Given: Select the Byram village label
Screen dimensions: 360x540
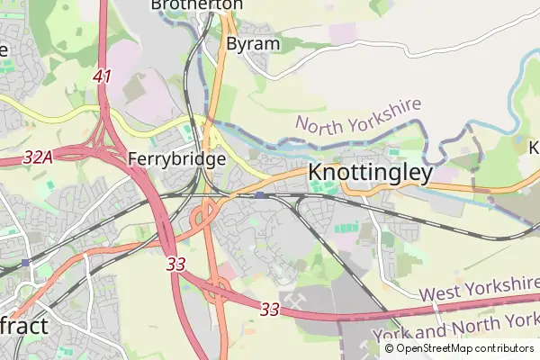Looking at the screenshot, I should pyautogui.click(x=252, y=43).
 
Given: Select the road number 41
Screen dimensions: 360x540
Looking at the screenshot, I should pyautogui.click(x=102, y=76).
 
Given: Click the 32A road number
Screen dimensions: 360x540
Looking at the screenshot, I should pyautogui.click(x=38, y=157).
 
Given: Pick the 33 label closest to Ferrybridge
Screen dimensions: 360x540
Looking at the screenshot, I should pyautogui.click(x=175, y=265).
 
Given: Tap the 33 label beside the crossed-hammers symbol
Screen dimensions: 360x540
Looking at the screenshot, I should pyautogui.click(x=268, y=309).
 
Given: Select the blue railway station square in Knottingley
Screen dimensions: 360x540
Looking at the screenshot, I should pyautogui.click(x=259, y=194).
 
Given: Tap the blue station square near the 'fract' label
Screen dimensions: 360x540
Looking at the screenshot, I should pyautogui.click(x=25, y=263).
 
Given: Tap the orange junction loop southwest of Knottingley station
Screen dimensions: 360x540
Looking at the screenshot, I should pyautogui.click(x=204, y=214).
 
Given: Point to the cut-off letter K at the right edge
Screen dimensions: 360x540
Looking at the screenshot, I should pyautogui.click(x=533, y=147).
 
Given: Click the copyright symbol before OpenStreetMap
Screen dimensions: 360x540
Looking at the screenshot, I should pyautogui.click(x=390, y=348).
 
